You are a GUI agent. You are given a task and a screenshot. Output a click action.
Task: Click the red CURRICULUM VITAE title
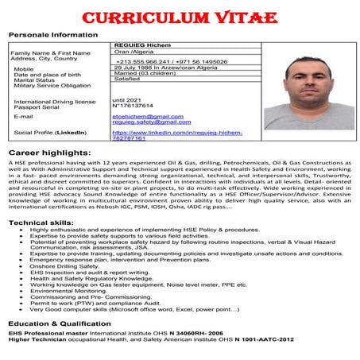coord(180,17)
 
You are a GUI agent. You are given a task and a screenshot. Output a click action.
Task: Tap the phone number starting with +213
coord(170,60)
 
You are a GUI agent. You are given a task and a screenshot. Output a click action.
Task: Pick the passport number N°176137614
coord(139,105)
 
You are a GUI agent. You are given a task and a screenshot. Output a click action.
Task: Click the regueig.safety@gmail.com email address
coord(151,122)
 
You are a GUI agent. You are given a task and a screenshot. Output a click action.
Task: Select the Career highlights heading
coord(47,151)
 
